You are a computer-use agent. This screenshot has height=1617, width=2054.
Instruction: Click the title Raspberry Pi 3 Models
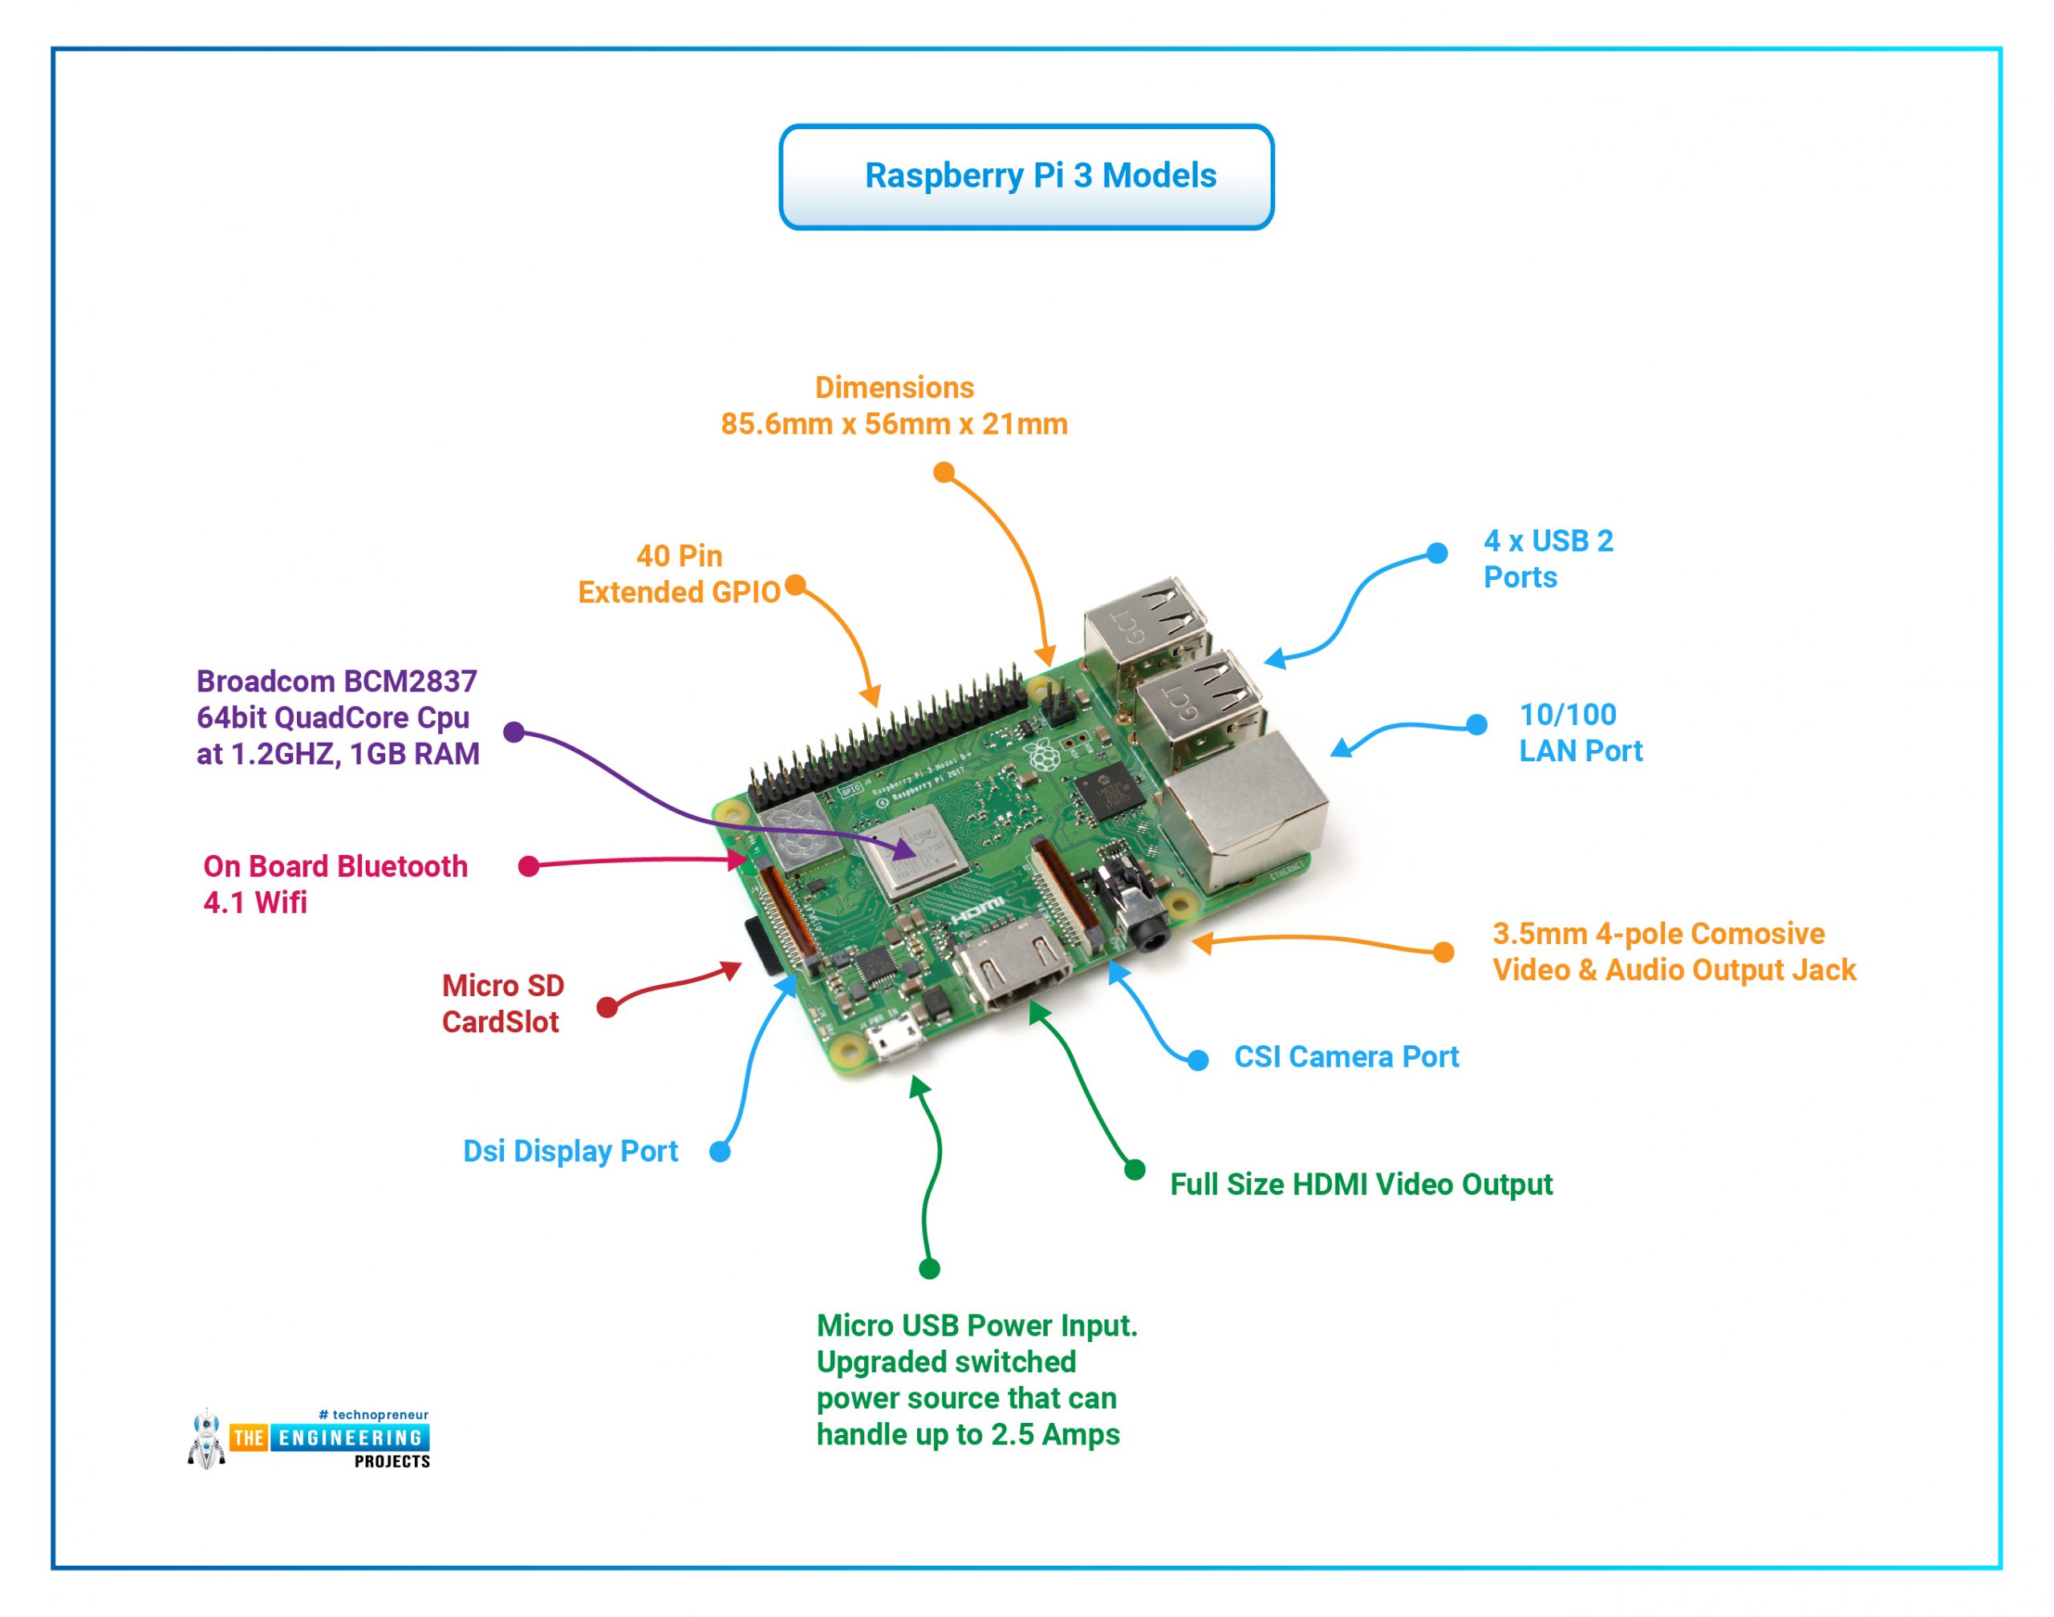point(1040,176)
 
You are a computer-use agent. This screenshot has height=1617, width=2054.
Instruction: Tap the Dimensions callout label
point(894,406)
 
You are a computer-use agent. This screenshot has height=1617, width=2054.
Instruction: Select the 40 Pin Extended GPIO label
point(679,573)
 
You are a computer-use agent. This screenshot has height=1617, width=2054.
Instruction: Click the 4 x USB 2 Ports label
point(1549,558)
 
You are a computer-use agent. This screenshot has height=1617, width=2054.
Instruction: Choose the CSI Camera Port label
point(1346,1056)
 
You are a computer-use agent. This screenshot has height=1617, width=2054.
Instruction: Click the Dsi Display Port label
point(570,1151)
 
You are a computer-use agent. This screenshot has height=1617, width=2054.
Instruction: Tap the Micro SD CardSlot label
point(503,1003)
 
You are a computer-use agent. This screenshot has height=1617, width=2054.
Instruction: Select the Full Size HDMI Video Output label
point(1361,1185)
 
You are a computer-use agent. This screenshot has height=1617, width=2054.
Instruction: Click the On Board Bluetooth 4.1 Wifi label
point(335,884)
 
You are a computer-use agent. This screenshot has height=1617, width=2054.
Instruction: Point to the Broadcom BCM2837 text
point(336,682)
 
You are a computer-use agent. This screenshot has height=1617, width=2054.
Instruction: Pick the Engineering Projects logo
point(309,1438)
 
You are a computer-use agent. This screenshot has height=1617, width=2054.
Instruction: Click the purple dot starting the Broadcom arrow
point(514,731)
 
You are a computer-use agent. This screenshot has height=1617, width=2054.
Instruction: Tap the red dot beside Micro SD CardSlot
point(607,1007)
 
